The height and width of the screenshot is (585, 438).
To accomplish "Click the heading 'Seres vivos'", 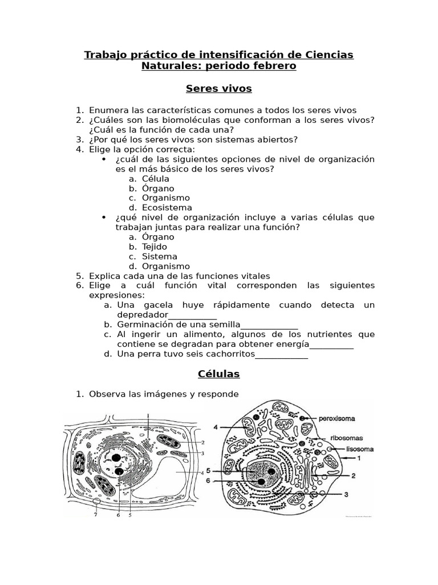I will tap(219, 89).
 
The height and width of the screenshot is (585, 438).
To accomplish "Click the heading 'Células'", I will tap(219, 374).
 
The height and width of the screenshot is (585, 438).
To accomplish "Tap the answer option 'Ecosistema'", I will tap(167, 207).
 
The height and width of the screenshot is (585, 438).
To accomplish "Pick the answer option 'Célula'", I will tap(155, 179).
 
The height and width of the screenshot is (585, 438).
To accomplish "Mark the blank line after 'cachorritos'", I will tap(281, 354).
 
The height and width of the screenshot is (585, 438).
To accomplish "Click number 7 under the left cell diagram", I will tap(95, 514).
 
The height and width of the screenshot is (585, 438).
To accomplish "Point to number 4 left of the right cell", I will tap(216, 427).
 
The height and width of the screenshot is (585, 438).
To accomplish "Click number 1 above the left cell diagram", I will tap(148, 415).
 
